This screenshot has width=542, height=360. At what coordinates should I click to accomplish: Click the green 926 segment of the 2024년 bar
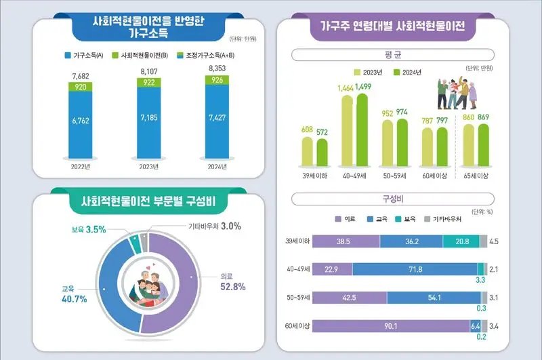click(x=217, y=80)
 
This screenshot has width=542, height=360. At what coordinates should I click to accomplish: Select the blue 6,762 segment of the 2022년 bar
click(x=81, y=125)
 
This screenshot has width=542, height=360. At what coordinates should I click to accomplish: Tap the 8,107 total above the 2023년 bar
click(x=149, y=72)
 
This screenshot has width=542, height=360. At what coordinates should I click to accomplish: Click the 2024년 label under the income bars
click(x=217, y=167)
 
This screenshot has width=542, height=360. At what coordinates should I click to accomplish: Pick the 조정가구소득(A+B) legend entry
click(x=206, y=56)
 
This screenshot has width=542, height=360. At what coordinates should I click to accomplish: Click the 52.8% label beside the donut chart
click(x=233, y=287)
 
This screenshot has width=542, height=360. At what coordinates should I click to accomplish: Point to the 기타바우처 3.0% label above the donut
click(x=215, y=226)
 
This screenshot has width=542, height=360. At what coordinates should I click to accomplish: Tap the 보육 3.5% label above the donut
click(x=89, y=229)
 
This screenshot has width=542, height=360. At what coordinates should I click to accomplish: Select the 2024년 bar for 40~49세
click(x=362, y=129)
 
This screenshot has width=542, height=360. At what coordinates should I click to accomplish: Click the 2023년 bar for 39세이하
click(x=308, y=151)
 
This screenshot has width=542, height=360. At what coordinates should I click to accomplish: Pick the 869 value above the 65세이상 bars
click(x=483, y=117)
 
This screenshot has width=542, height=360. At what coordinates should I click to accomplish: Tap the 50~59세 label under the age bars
click(x=394, y=176)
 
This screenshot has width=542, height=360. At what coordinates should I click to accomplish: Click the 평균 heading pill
click(x=393, y=55)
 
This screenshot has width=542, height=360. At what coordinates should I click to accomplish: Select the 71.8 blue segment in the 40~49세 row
click(x=415, y=269)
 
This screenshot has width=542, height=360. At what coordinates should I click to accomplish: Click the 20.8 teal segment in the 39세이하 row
click(x=461, y=241)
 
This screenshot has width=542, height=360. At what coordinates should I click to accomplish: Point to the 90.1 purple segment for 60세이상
click(x=391, y=326)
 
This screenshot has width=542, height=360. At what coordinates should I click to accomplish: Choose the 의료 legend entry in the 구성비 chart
click(x=346, y=219)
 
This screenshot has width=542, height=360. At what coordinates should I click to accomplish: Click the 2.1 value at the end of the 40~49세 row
click(x=494, y=269)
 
